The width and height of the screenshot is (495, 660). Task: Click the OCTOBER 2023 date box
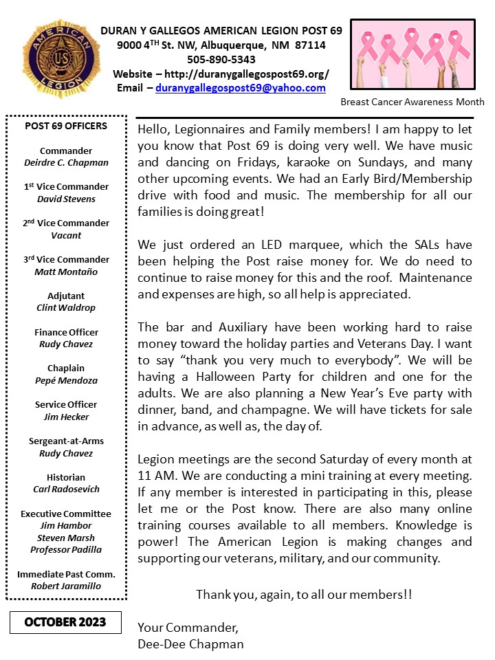click(65, 622)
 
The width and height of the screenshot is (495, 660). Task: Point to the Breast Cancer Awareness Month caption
click(412, 102)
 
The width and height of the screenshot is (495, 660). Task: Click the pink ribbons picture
click(412, 54)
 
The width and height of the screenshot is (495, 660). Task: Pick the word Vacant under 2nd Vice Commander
click(66, 235)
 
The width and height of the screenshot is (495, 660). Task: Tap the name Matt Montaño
click(66, 272)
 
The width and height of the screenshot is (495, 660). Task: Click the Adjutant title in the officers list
click(66, 296)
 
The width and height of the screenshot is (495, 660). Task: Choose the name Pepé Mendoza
click(66, 380)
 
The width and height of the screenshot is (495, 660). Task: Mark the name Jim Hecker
click(66, 417)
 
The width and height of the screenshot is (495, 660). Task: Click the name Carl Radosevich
click(66, 489)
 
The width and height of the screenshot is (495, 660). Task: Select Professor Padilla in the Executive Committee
click(66, 550)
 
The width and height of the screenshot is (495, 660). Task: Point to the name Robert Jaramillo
click(66, 586)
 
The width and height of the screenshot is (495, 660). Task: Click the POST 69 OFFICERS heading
click(66, 126)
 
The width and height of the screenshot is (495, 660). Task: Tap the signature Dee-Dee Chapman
click(190, 644)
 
